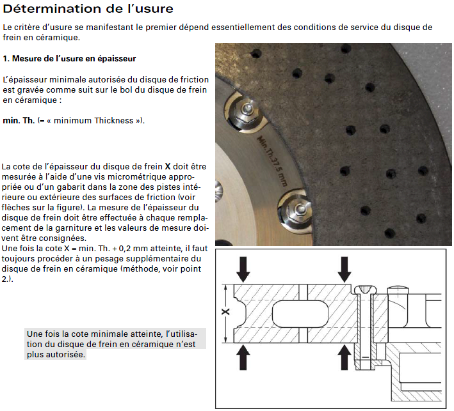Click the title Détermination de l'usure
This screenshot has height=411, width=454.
[87, 10]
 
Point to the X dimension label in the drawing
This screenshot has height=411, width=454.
[225, 312]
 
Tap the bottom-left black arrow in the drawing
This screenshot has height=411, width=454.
[243, 357]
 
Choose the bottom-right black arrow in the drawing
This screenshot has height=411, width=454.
[345, 357]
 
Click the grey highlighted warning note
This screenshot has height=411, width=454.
[116, 344]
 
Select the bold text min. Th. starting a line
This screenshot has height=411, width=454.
[19, 121]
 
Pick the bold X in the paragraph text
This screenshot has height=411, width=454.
[167, 166]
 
